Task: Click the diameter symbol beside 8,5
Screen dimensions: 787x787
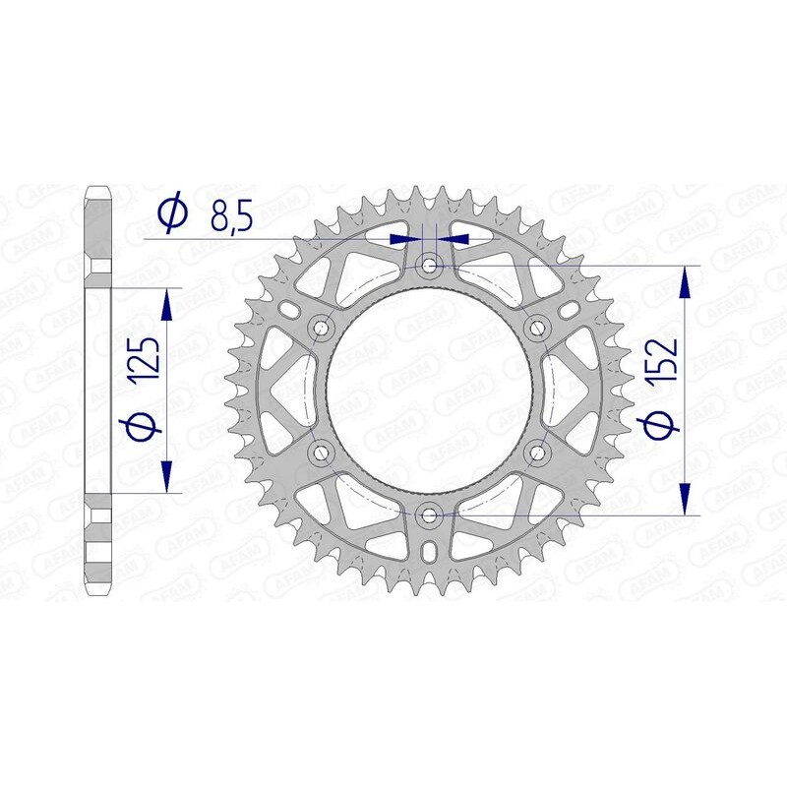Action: (173, 213)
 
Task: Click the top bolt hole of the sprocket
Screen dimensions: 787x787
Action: (429, 266)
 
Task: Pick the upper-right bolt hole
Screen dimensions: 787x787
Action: (537, 328)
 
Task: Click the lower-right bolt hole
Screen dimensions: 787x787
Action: (537, 452)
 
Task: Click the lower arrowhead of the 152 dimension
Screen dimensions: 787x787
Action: (686, 497)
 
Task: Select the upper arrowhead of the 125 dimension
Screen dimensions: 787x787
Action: (168, 305)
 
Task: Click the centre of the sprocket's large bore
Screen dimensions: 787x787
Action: (429, 390)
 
